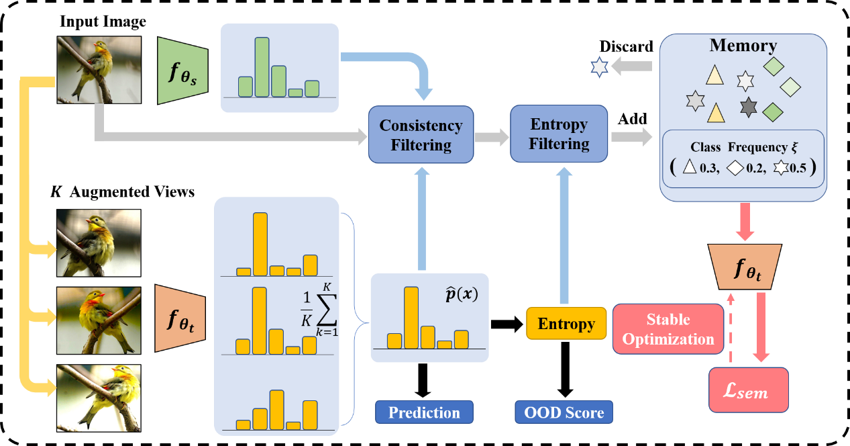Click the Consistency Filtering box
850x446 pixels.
(421, 135)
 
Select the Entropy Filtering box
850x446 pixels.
(559, 134)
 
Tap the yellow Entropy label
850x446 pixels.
(566, 324)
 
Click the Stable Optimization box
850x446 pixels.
(668, 329)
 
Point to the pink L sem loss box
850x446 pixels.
(748, 390)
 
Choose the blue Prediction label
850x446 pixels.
(424, 412)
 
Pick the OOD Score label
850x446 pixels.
(564, 412)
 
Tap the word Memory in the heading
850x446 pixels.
(743, 46)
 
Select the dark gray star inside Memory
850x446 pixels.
(749, 107)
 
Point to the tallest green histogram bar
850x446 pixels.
(262, 66)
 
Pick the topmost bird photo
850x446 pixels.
(99, 69)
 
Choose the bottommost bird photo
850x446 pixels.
(99, 398)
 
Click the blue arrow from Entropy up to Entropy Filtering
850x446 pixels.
(564, 234)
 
